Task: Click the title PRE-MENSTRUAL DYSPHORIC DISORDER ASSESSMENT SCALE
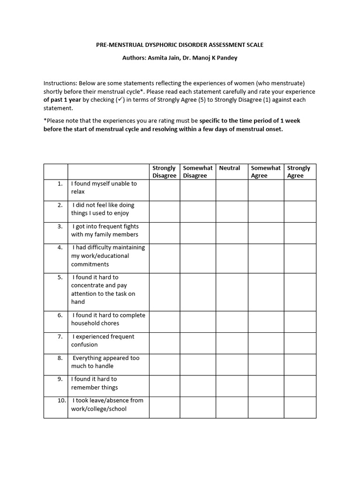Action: click(x=180, y=45)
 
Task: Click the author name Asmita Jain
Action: click(x=163, y=58)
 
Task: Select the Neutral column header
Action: click(x=230, y=168)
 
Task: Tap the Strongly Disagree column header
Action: click(x=164, y=172)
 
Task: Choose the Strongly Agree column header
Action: click(x=299, y=172)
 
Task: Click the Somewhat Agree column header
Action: click(x=265, y=172)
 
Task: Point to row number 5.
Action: click(x=60, y=277)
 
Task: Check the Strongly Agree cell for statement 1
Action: click(x=300, y=190)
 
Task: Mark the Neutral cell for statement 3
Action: click(x=232, y=233)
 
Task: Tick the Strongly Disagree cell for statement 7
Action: click(x=164, y=343)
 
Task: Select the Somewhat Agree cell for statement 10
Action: click(x=265, y=407)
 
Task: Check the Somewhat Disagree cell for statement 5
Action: click(x=197, y=292)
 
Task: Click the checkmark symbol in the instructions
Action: click(x=107, y=99)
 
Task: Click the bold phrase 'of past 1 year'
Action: click(x=62, y=100)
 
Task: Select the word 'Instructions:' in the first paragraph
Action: click(x=60, y=83)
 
